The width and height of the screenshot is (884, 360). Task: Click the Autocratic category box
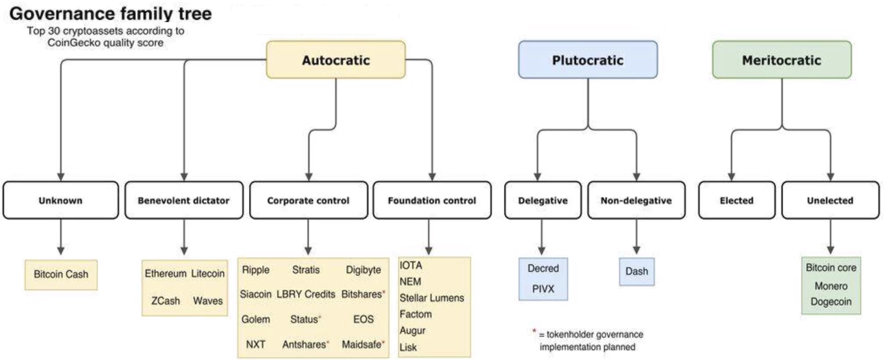[336, 60]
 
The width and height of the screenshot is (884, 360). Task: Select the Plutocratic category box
[588, 60]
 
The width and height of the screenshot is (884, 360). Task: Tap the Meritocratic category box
[782, 60]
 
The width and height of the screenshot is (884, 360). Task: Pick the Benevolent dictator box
[184, 200]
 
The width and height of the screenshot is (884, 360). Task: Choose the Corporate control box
[308, 200]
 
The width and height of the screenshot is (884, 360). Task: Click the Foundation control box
[432, 200]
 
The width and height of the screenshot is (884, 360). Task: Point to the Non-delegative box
[636, 200]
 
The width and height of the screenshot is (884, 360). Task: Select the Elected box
[737, 200]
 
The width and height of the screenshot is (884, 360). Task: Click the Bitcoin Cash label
[61, 274]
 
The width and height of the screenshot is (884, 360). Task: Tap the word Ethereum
[166, 274]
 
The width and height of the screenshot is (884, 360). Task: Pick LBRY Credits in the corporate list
[306, 294]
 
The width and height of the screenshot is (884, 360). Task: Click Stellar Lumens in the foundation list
[432, 298]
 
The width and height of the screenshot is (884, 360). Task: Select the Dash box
[636, 272]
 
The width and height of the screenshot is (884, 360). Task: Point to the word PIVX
[543, 289]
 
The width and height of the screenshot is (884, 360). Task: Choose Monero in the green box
[831, 286]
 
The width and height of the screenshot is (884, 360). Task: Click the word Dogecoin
[831, 302]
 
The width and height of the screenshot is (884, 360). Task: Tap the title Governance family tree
[110, 14]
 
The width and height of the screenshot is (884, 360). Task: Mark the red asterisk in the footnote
[534, 331]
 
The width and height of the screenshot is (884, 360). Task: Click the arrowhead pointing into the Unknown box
[61, 177]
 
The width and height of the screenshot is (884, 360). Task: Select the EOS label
[363, 319]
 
